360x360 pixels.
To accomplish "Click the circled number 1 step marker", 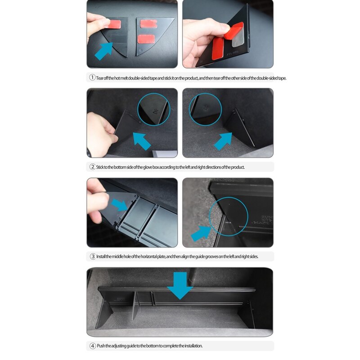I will tap(92, 78).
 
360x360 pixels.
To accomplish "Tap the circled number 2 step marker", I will tap(92, 167).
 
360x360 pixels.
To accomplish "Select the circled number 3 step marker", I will tap(92, 256).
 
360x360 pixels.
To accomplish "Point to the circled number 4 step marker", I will tap(92, 346).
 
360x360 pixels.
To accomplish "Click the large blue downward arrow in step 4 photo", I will tap(180, 284).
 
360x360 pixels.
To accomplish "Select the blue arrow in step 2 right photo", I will tap(223, 140).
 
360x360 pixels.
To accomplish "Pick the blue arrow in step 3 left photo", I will tap(120, 205).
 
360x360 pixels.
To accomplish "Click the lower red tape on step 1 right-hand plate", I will tap(145, 39).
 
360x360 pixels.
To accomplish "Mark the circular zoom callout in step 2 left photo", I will tap(154, 109).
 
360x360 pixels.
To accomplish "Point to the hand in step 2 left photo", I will tap(100, 133).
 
